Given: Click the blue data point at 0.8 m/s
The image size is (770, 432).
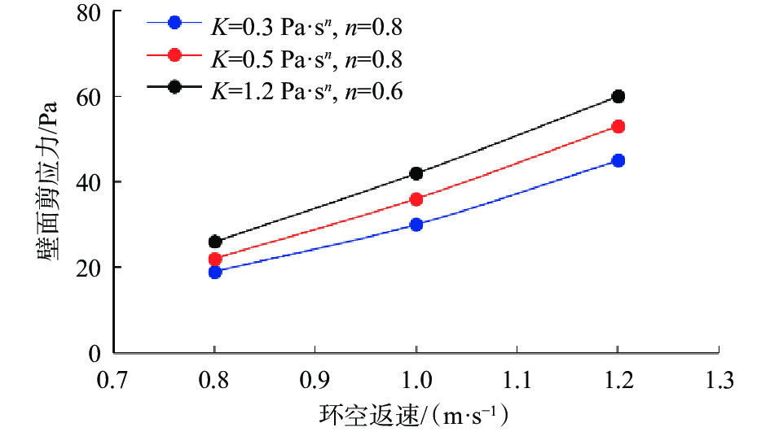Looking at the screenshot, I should pyautogui.click(x=215, y=272).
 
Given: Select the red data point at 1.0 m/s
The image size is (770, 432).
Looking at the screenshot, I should pyautogui.click(x=416, y=199).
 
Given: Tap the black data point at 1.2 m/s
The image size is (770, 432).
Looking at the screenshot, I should pyautogui.click(x=618, y=96).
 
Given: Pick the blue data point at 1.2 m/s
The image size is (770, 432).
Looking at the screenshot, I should pyautogui.click(x=618, y=160).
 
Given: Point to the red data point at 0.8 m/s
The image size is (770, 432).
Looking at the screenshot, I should pyautogui.click(x=215, y=259).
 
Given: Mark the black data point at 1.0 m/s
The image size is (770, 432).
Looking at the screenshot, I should pyautogui.click(x=416, y=173).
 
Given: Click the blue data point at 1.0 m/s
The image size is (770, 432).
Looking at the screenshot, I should pyautogui.click(x=416, y=225).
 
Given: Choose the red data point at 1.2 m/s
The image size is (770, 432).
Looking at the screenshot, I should pyautogui.click(x=618, y=126).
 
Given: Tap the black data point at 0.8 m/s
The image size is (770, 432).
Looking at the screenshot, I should pyautogui.click(x=215, y=242).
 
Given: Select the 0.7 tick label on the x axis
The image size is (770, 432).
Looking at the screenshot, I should pyautogui.click(x=114, y=378).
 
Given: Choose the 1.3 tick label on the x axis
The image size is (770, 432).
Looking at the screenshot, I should pyautogui.click(x=718, y=378).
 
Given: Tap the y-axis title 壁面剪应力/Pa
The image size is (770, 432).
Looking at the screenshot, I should pyautogui.click(x=46, y=183).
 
